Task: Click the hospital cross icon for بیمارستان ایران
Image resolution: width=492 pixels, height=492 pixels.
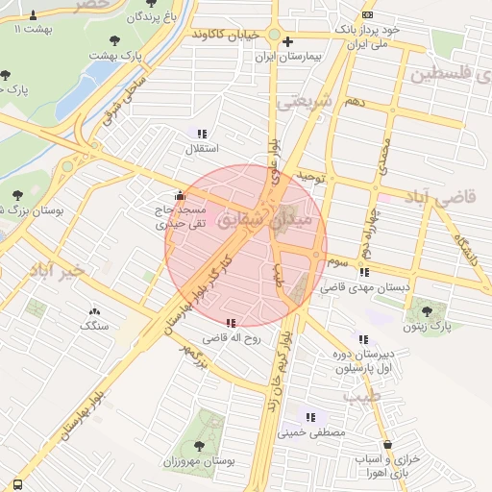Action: (x=287, y=41)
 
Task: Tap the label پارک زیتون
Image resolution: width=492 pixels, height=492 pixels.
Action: (x=428, y=328)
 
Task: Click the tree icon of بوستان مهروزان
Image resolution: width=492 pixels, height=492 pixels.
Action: (x=199, y=445)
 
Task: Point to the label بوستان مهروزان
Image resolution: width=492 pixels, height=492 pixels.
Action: (x=199, y=462)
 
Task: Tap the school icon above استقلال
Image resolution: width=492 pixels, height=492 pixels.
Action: (x=202, y=134)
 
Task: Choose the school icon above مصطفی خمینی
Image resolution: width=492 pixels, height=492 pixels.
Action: (x=310, y=416)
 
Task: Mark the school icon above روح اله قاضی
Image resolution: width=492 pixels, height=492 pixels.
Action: (x=231, y=323)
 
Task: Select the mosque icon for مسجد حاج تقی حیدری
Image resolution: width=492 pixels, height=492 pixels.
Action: (x=180, y=196)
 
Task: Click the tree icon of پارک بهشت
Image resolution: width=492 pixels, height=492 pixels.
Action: (x=115, y=40)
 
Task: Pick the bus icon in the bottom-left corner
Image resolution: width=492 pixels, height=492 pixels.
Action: (x=17, y=482)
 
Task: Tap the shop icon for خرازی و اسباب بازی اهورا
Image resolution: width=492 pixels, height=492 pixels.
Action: (x=387, y=445)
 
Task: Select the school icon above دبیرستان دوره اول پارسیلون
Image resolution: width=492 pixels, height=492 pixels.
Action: (x=362, y=338)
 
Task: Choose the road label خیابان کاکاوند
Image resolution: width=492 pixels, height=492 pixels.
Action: (x=226, y=35)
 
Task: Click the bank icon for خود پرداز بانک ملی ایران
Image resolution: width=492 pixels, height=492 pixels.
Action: (x=368, y=15)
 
